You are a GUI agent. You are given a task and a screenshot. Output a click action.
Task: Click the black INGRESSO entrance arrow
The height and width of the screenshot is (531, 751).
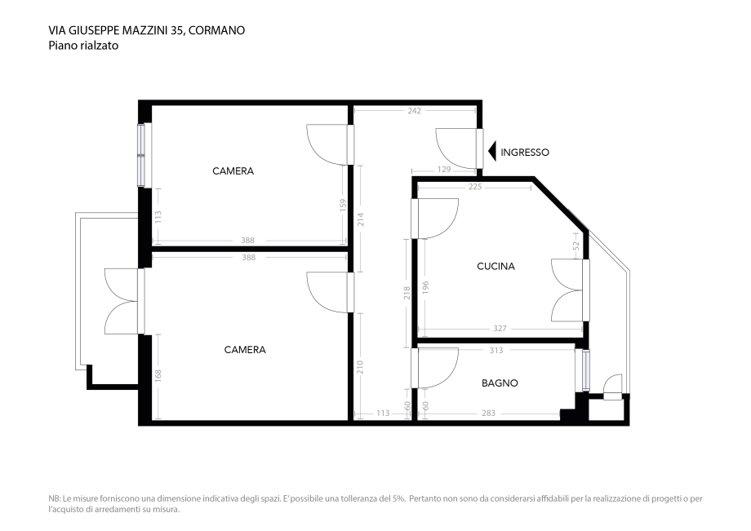point(492,152)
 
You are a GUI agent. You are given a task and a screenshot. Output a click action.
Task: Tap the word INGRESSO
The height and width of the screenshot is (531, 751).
point(525,153)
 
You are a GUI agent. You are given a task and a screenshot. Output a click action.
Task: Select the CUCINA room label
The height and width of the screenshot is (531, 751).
point(495,266)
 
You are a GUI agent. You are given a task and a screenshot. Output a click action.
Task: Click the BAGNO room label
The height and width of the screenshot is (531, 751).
point(500,383)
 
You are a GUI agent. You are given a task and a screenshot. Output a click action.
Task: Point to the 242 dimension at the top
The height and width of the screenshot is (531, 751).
point(414,111)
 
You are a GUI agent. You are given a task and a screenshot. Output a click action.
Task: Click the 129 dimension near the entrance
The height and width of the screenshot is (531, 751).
point(444,170)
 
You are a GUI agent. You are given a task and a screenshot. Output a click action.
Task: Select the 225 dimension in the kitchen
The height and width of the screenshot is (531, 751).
point(475,187)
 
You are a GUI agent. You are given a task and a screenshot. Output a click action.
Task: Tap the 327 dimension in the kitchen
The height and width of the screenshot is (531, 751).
point(500,329)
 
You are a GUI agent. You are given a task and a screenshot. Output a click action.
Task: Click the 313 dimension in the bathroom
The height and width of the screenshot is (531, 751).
point(495,351)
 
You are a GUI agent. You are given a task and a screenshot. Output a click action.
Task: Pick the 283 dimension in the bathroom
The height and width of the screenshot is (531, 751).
point(488,414)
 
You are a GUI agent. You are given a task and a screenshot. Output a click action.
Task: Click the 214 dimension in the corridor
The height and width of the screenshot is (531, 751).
point(360,219)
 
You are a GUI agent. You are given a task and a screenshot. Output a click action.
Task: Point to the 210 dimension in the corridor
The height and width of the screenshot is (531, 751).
point(360,367)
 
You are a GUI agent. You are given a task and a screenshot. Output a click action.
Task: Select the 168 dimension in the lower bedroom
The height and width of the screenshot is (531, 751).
point(158,375)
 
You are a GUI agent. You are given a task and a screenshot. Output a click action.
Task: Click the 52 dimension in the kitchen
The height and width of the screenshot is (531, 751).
point(575,245)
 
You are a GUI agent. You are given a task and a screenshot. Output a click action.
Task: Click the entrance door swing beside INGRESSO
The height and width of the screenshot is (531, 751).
point(455,148)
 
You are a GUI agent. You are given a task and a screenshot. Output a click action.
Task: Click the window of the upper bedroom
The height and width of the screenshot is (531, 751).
point(141,154)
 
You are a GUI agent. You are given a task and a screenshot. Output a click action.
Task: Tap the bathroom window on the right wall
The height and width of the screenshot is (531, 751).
point(582,369)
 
